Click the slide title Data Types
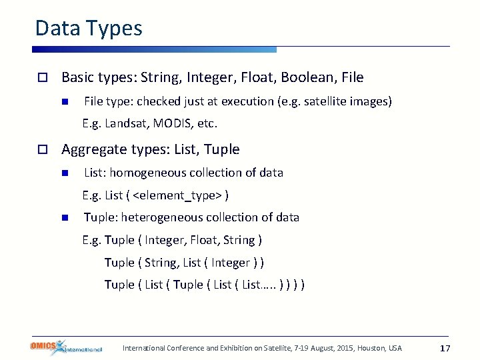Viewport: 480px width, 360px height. tap(89, 28)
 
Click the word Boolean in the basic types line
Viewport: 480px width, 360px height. tap(308, 77)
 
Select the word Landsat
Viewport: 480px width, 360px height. tap(126, 123)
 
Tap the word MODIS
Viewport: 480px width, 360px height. tap(171, 123)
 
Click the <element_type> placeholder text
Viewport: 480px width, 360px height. tap(178, 195)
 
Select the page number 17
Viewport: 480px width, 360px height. tap(446, 348)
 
